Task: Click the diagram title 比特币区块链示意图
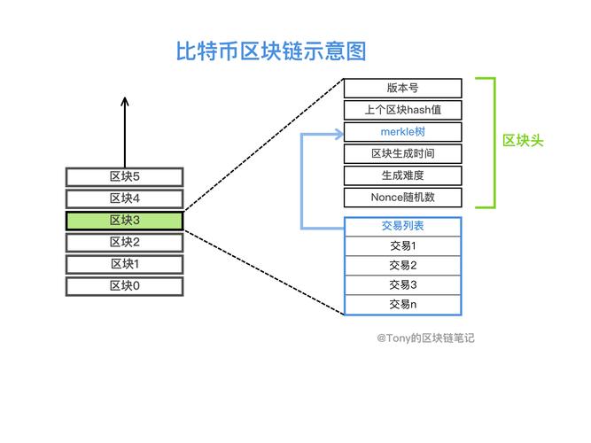(x=271, y=51)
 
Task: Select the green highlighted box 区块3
(x=124, y=221)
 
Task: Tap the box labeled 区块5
(x=124, y=177)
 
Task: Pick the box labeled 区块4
(x=124, y=198)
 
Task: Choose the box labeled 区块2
(x=124, y=242)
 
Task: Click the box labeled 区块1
(x=124, y=264)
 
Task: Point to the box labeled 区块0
(x=124, y=285)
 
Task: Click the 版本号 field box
(x=402, y=89)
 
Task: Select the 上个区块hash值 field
(x=402, y=110)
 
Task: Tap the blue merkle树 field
(x=402, y=132)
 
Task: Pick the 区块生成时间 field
(x=402, y=154)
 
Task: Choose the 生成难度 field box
(x=402, y=175)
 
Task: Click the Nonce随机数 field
(x=402, y=198)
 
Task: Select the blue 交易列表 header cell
(x=402, y=227)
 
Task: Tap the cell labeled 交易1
(x=402, y=246)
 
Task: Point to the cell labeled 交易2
(x=402, y=266)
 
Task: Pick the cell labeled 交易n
(x=402, y=305)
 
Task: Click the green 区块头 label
(x=523, y=141)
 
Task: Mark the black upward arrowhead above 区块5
(x=124, y=102)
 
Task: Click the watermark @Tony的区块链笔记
(x=425, y=338)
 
